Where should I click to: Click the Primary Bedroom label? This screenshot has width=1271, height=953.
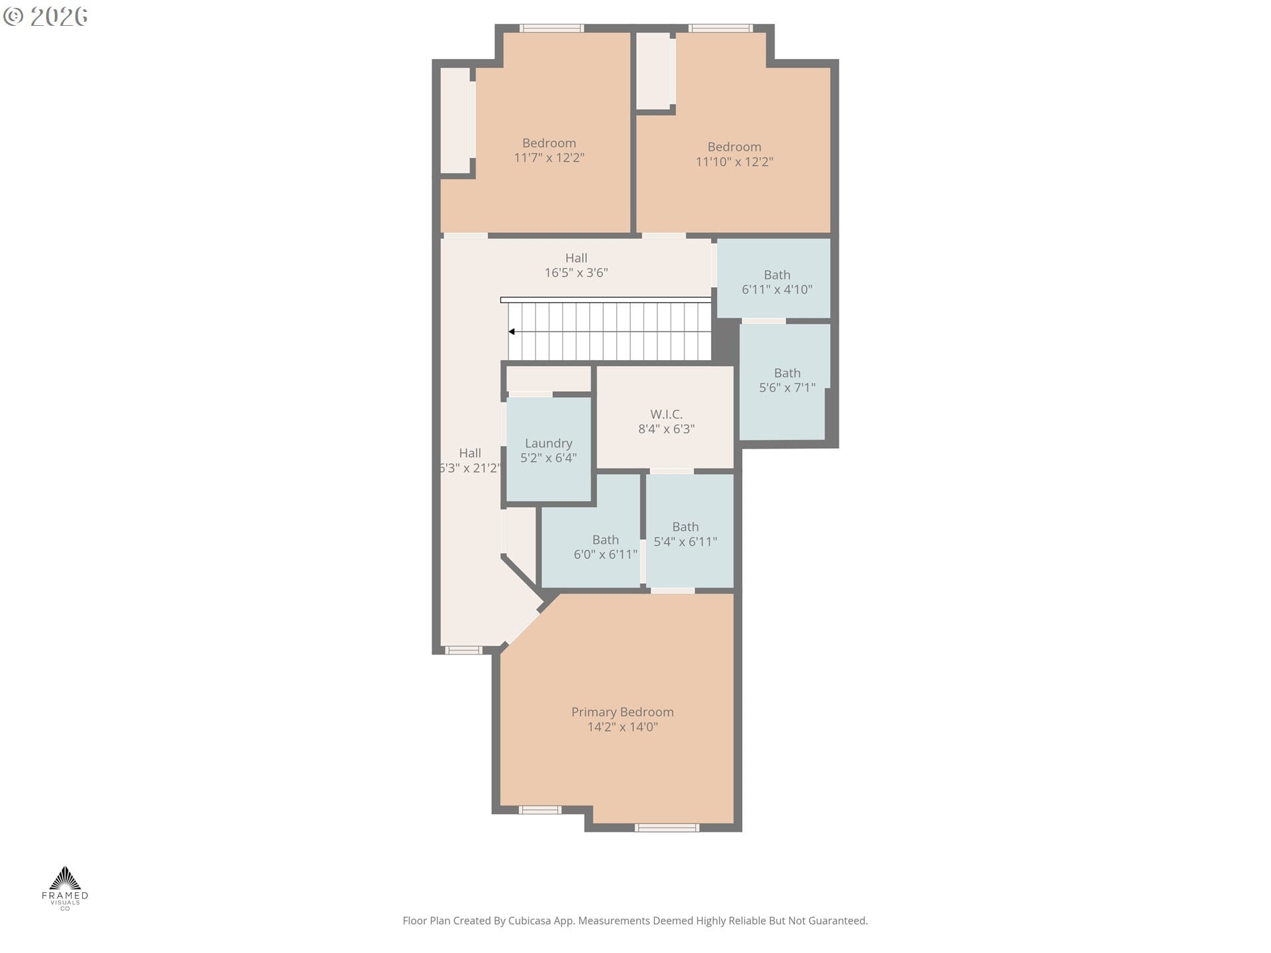[x=622, y=712]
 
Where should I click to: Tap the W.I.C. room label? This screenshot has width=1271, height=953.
[x=666, y=414]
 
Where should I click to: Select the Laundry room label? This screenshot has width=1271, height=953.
[x=548, y=443]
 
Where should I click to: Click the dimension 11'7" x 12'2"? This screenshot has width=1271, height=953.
[x=549, y=158]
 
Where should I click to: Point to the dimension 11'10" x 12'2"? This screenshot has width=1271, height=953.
[x=734, y=162]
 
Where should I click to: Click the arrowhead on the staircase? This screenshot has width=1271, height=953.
[x=512, y=332]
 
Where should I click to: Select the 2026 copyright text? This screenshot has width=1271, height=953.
[x=46, y=17]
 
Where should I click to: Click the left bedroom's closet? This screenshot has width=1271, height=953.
[x=455, y=120]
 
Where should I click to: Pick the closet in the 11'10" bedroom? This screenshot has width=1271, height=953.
[x=653, y=71]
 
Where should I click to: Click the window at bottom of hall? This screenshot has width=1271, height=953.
[x=463, y=650]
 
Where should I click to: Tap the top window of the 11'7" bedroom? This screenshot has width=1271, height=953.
[x=551, y=28]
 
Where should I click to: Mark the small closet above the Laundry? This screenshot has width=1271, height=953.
[x=548, y=379]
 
